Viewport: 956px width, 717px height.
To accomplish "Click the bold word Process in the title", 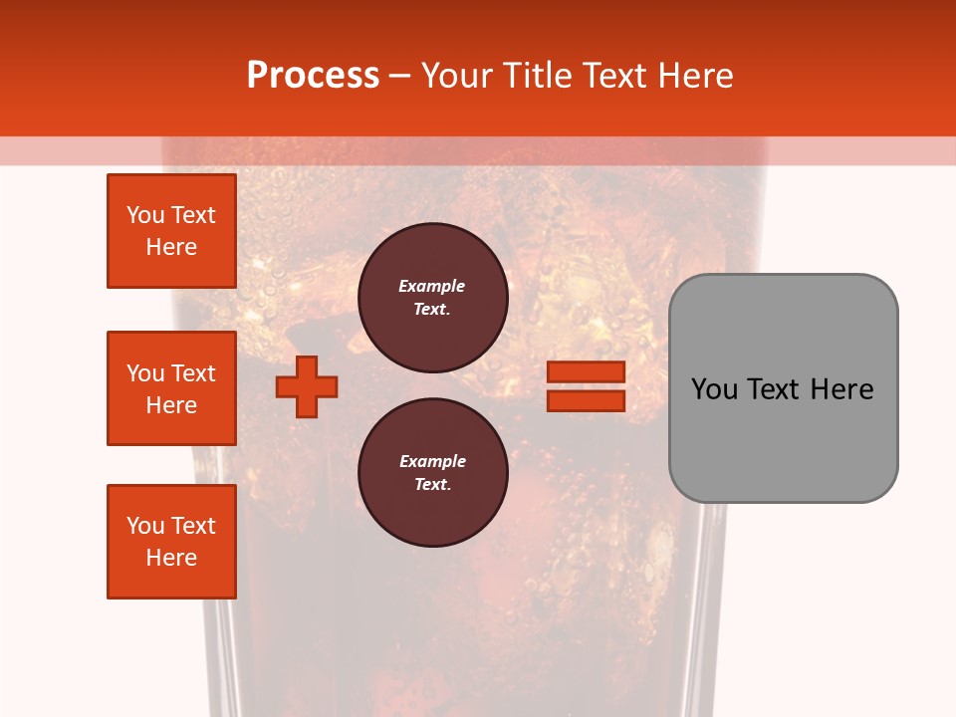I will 313,76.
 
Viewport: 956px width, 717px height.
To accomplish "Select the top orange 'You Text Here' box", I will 171,231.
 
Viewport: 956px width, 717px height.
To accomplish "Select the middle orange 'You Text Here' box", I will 171,388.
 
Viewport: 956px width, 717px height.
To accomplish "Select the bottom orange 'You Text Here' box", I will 171,542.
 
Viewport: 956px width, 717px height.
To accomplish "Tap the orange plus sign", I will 307,386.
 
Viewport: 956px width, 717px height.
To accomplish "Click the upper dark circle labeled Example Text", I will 432,297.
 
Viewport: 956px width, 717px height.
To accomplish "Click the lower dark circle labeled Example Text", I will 432,473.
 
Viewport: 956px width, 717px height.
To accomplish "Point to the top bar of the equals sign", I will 586,372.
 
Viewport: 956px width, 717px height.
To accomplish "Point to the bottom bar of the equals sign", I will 586,400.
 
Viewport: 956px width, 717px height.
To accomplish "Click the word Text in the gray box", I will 776,389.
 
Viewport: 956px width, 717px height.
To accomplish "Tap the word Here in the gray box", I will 841,389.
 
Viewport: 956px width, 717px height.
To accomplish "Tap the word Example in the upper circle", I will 432,286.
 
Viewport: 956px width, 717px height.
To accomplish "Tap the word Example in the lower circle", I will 432,461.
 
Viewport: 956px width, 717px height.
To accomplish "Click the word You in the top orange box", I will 145,215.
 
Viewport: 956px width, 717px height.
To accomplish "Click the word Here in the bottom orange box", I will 171,558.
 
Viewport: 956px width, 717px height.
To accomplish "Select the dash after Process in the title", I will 399,77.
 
